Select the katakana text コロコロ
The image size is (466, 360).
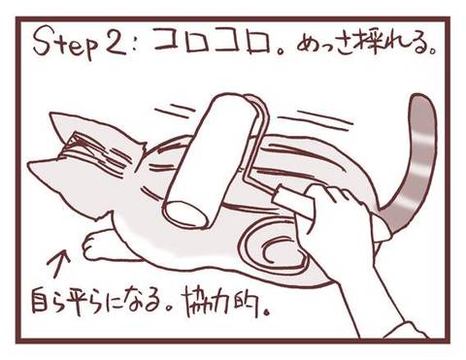pos(213,42)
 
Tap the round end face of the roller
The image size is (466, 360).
pos(186,214)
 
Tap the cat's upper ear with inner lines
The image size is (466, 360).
pos(70,129)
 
